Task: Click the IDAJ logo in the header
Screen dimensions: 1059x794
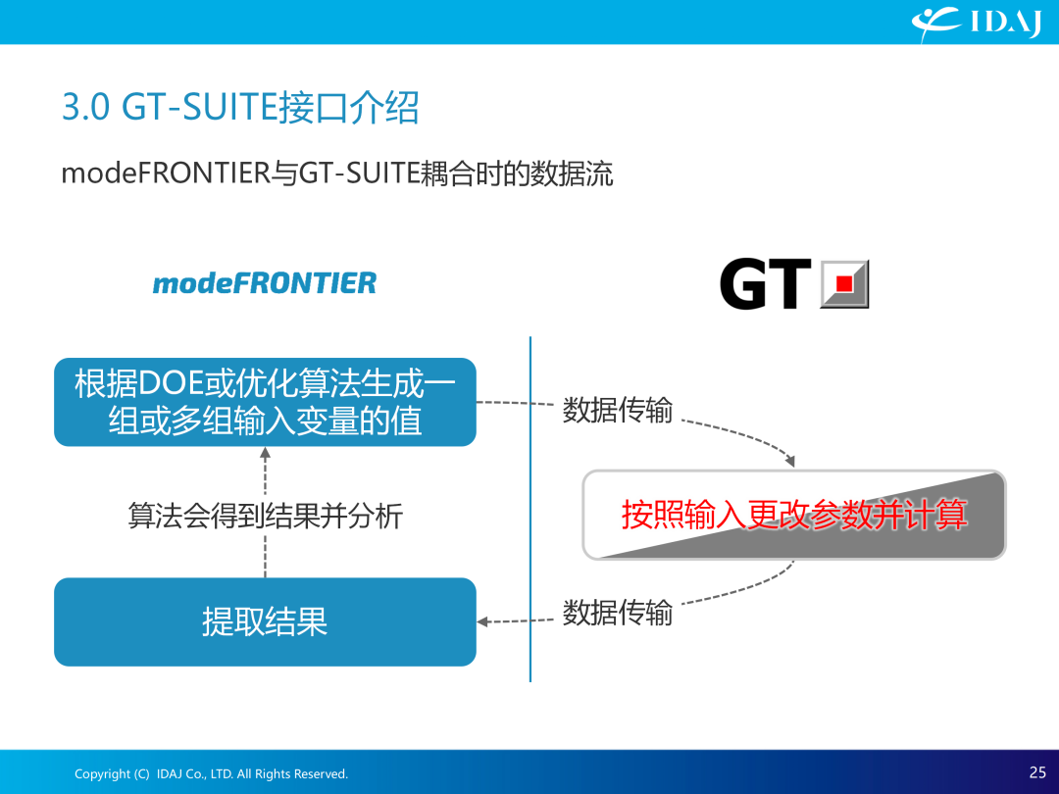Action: tap(977, 23)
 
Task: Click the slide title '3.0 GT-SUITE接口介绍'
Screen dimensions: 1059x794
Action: tap(240, 108)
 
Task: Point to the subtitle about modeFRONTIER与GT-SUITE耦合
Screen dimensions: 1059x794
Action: tap(337, 174)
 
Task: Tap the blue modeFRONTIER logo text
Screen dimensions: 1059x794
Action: tap(264, 283)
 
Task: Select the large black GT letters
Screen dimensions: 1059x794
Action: tap(765, 284)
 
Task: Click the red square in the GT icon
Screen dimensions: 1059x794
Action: tap(843, 283)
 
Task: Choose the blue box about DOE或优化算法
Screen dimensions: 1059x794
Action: tap(265, 402)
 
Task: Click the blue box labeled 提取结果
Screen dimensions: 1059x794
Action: tap(265, 621)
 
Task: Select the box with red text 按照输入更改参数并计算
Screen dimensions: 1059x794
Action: tap(794, 515)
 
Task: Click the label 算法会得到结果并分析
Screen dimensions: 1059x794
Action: tap(266, 516)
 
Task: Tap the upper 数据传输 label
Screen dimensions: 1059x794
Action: tap(618, 410)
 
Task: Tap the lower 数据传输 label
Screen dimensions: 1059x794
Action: tap(618, 613)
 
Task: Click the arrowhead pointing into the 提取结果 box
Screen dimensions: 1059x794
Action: tap(482, 621)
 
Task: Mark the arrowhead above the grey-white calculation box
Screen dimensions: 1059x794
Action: tap(790, 461)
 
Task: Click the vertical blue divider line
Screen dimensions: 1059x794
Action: tap(530, 509)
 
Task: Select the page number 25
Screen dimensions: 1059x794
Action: tap(1037, 772)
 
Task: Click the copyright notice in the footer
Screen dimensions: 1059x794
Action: tap(211, 773)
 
